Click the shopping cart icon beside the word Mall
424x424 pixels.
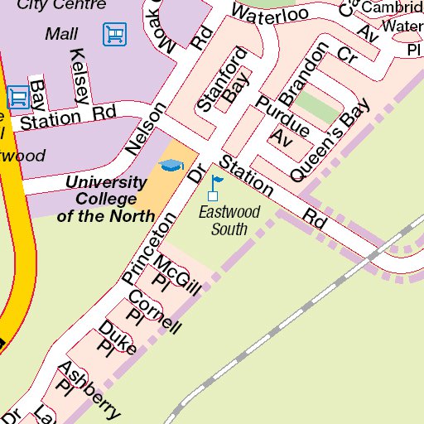pyautogui.click(x=115, y=34)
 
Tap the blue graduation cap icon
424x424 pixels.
pyautogui.click(x=171, y=165)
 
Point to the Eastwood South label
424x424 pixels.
pyautogui.click(x=229, y=220)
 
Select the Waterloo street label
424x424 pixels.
pyautogui.click(x=269, y=14)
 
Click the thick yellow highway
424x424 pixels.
pyautogui.click(x=18, y=248)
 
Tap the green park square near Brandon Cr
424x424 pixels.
pyautogui.click(x=318, y=107)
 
